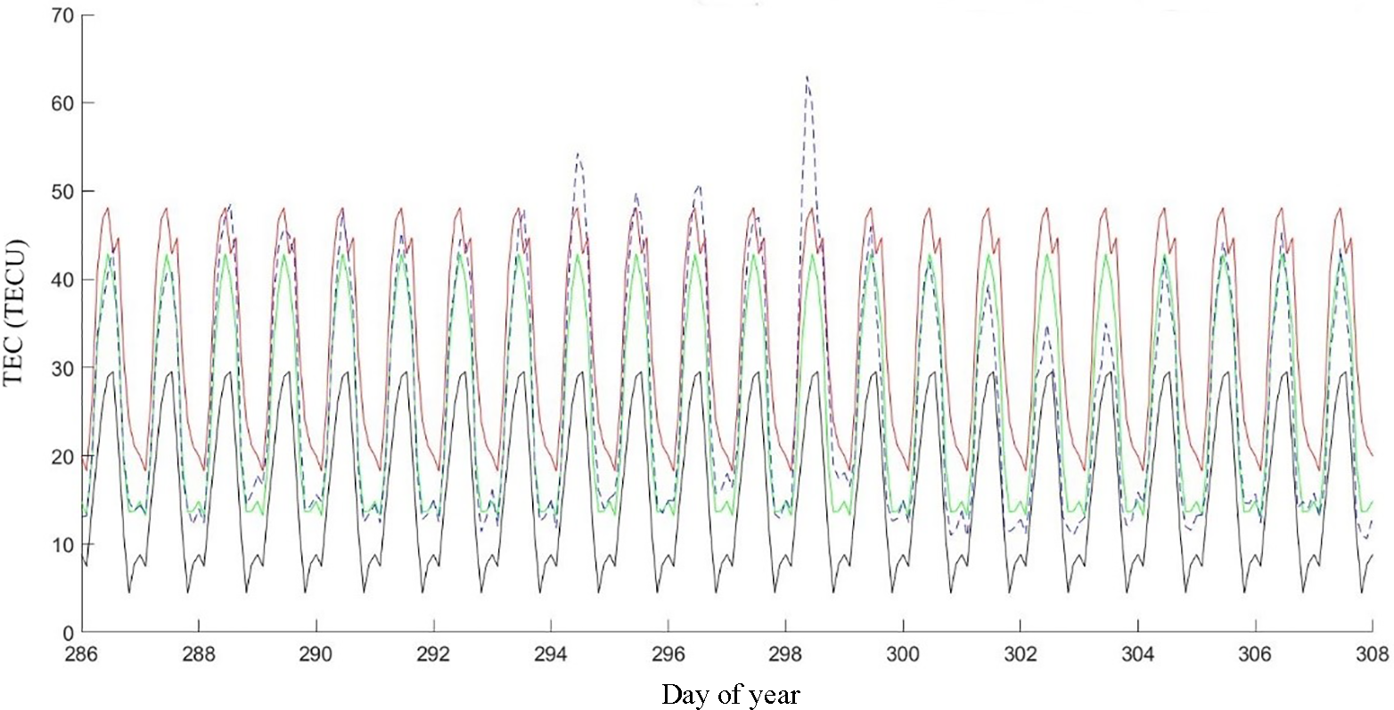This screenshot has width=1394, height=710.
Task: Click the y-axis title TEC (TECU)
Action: (14, 311)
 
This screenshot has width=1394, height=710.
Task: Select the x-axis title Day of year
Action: (730, 694)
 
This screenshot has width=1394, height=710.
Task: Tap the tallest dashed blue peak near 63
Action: (807, 78)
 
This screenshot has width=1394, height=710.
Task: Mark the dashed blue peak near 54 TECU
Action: (578, 155)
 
